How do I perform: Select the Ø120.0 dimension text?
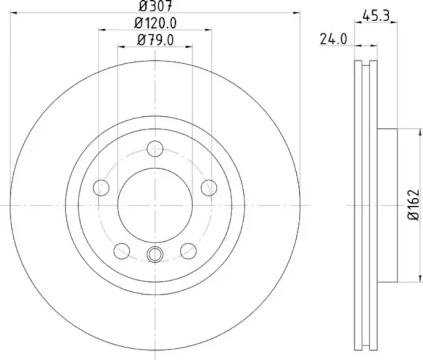[x=155, y=23]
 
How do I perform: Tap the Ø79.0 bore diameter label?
[x=155, y=40]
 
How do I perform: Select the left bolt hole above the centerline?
[x=101, y=188]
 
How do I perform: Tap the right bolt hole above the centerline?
[x=210, y=188]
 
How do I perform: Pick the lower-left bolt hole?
[x=122, y=250]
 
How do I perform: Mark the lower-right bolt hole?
[x=188, y=250]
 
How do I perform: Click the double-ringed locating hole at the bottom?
[x=155, y=253]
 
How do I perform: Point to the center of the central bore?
[x=155, y=205]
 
